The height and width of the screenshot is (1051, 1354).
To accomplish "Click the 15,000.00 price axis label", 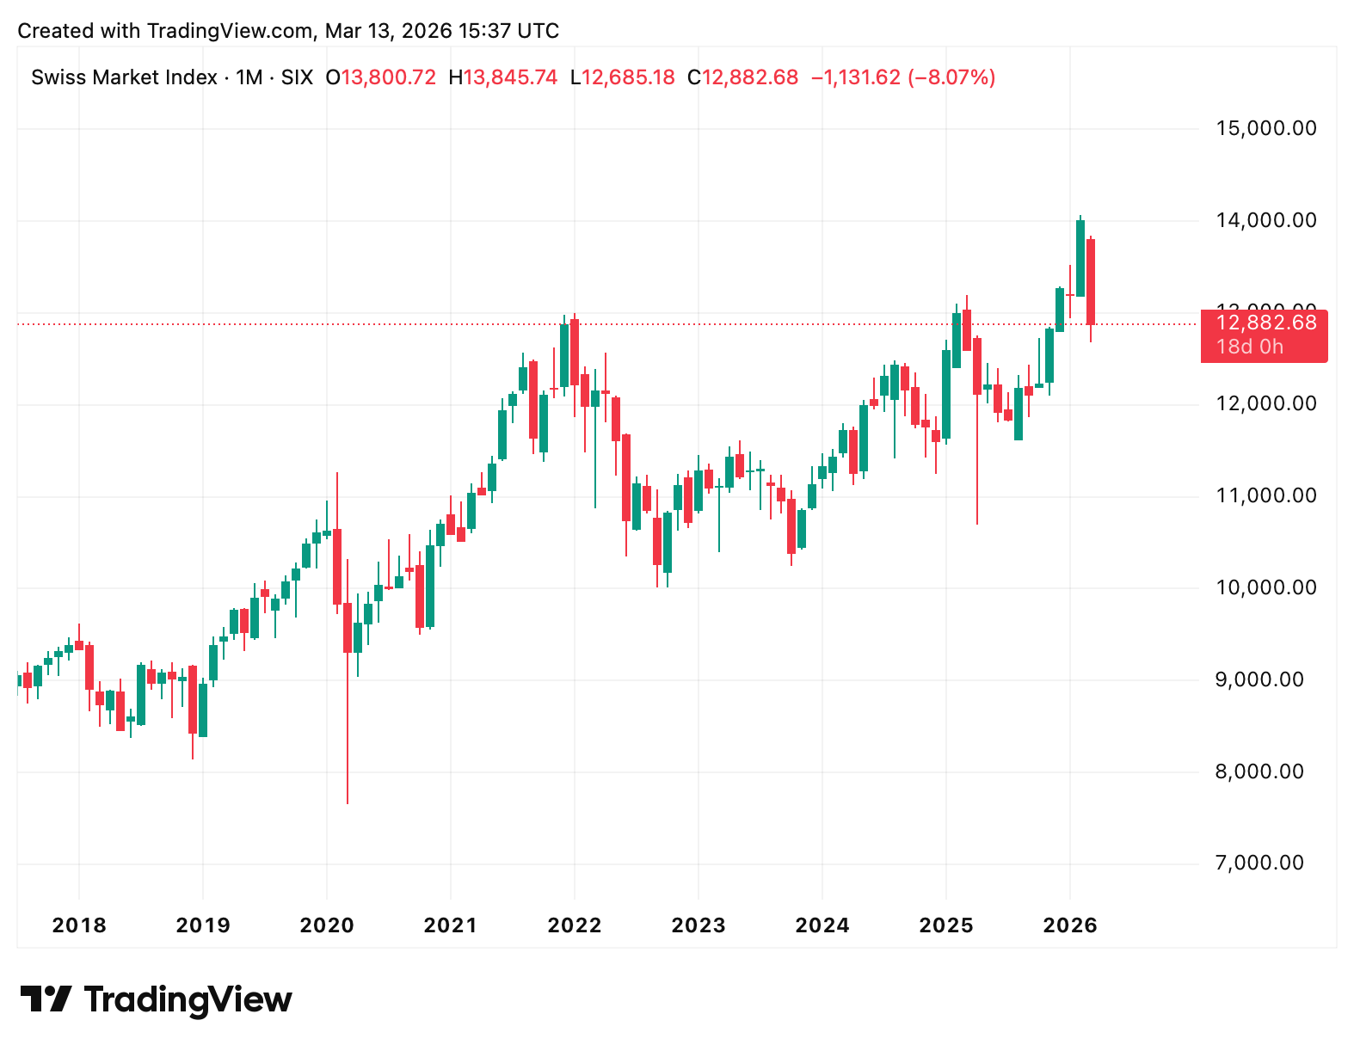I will pos(1265,128).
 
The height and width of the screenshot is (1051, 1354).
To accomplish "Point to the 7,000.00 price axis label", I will pos(1259,863).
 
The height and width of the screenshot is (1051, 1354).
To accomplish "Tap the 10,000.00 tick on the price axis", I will pos(1265,587).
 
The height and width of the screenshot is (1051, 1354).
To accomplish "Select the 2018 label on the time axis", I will pos(79,925).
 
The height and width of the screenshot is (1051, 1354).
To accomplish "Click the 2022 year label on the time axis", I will pos(575,925).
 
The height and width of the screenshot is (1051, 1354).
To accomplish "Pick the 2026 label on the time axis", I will pos(1070,925).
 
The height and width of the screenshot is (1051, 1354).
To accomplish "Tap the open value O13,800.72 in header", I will pos(380,77).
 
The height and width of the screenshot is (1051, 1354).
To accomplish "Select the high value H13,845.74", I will pos(503,77).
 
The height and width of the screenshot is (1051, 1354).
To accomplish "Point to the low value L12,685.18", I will pos(622,77).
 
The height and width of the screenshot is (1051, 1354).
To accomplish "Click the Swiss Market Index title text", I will pos(124,77).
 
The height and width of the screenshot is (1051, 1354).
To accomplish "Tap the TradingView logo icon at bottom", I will pos(46,999).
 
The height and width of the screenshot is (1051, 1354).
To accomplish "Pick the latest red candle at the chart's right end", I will pos(1091,282).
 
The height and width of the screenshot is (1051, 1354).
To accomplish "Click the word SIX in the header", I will pos(297,77).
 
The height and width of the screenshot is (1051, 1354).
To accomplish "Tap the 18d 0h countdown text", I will pos(1250,347).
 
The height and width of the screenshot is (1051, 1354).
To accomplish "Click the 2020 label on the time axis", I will pos(327,925).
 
